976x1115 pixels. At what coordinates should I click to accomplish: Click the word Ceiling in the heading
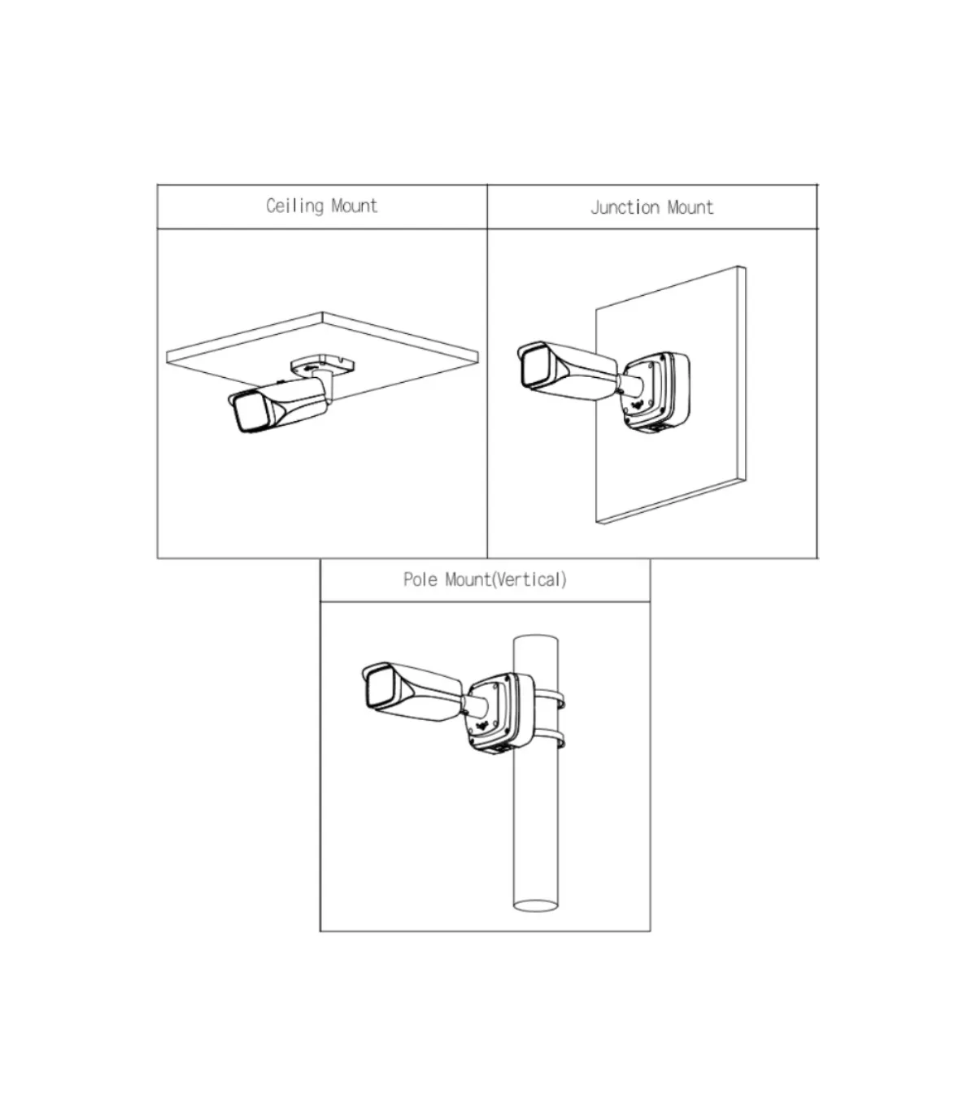[294, 206]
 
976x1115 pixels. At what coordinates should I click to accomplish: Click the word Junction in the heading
[625, 207]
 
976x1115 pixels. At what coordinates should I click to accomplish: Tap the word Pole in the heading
[420, 579]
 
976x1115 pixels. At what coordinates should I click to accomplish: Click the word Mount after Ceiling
[355, 206]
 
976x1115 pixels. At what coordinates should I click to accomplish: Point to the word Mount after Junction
[691, 207]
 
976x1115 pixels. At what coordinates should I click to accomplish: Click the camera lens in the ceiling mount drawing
[249, 413]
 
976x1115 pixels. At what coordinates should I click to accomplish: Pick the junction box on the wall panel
[656, 392]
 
